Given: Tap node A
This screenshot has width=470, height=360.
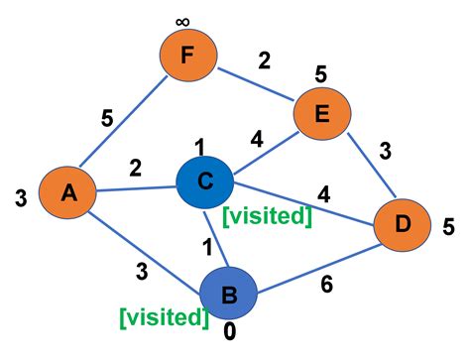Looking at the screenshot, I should [x=68, y=194].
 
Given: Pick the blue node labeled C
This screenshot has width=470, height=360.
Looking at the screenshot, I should [x=204, y=180].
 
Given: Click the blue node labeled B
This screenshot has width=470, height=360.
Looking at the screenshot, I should [x=228, y=294].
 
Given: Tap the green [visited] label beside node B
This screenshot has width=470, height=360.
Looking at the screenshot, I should [x=164, y=316].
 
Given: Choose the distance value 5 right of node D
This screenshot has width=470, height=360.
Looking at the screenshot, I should [x=448, y=227].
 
